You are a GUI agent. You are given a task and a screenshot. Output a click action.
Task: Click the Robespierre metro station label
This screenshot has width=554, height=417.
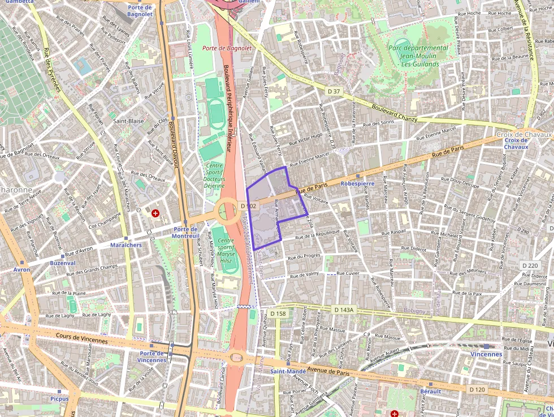coord(357,184)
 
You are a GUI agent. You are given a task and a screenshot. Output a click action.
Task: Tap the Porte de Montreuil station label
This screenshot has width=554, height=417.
coord(185,232)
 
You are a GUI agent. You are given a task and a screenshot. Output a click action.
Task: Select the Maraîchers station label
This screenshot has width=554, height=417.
coord(126,245)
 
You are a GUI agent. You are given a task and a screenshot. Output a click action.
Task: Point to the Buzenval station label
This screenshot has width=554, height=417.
coord(62,263)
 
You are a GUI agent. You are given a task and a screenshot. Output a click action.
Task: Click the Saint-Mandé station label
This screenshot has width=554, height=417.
coord(288,372)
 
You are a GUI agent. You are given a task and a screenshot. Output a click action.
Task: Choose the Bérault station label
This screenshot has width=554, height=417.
coord(430,392)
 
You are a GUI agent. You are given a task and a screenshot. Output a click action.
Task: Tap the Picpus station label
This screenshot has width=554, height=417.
coord(59,398)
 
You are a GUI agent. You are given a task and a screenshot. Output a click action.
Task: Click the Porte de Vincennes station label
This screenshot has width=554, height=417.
coord(152,356)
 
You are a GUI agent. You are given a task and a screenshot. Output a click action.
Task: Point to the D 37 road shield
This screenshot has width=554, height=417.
coord(334,91)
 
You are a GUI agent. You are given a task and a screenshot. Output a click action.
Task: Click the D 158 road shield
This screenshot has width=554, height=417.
coord(278,313)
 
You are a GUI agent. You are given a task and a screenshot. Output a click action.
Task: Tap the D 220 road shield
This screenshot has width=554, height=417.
coord(530,265)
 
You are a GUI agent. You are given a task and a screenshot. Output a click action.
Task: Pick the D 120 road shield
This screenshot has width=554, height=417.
coord(477,389)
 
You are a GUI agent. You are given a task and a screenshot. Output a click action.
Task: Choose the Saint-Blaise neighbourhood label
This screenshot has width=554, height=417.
coord(127,121)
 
